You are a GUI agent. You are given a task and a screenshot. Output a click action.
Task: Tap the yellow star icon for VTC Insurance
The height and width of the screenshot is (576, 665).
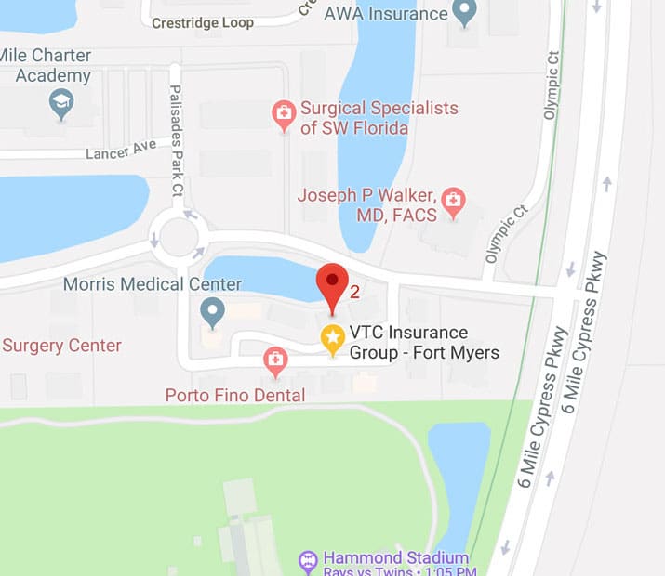point(332,339)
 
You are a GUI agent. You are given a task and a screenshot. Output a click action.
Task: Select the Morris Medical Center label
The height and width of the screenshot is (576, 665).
point(153,284)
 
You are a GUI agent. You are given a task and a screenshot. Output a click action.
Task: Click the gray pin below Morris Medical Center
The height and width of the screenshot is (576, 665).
point(213,312)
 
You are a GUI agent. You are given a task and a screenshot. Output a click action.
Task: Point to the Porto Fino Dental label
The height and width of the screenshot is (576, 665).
point(235,396)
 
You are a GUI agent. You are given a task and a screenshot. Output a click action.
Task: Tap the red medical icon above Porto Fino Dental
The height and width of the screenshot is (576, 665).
point(274,360)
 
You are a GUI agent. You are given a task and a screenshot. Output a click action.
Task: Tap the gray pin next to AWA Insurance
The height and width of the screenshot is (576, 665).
point(462,12)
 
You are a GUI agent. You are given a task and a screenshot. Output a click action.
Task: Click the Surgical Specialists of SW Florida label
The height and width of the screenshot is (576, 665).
point(379,118)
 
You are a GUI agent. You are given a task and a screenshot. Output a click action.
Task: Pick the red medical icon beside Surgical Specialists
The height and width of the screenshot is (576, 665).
point(283,116)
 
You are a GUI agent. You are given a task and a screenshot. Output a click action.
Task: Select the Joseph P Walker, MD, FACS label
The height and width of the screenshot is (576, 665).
point(366,205)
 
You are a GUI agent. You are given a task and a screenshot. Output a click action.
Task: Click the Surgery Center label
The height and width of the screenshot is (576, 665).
point(61,346)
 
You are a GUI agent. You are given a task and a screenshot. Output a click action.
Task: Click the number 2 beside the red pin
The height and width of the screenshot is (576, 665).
point(354,292)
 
